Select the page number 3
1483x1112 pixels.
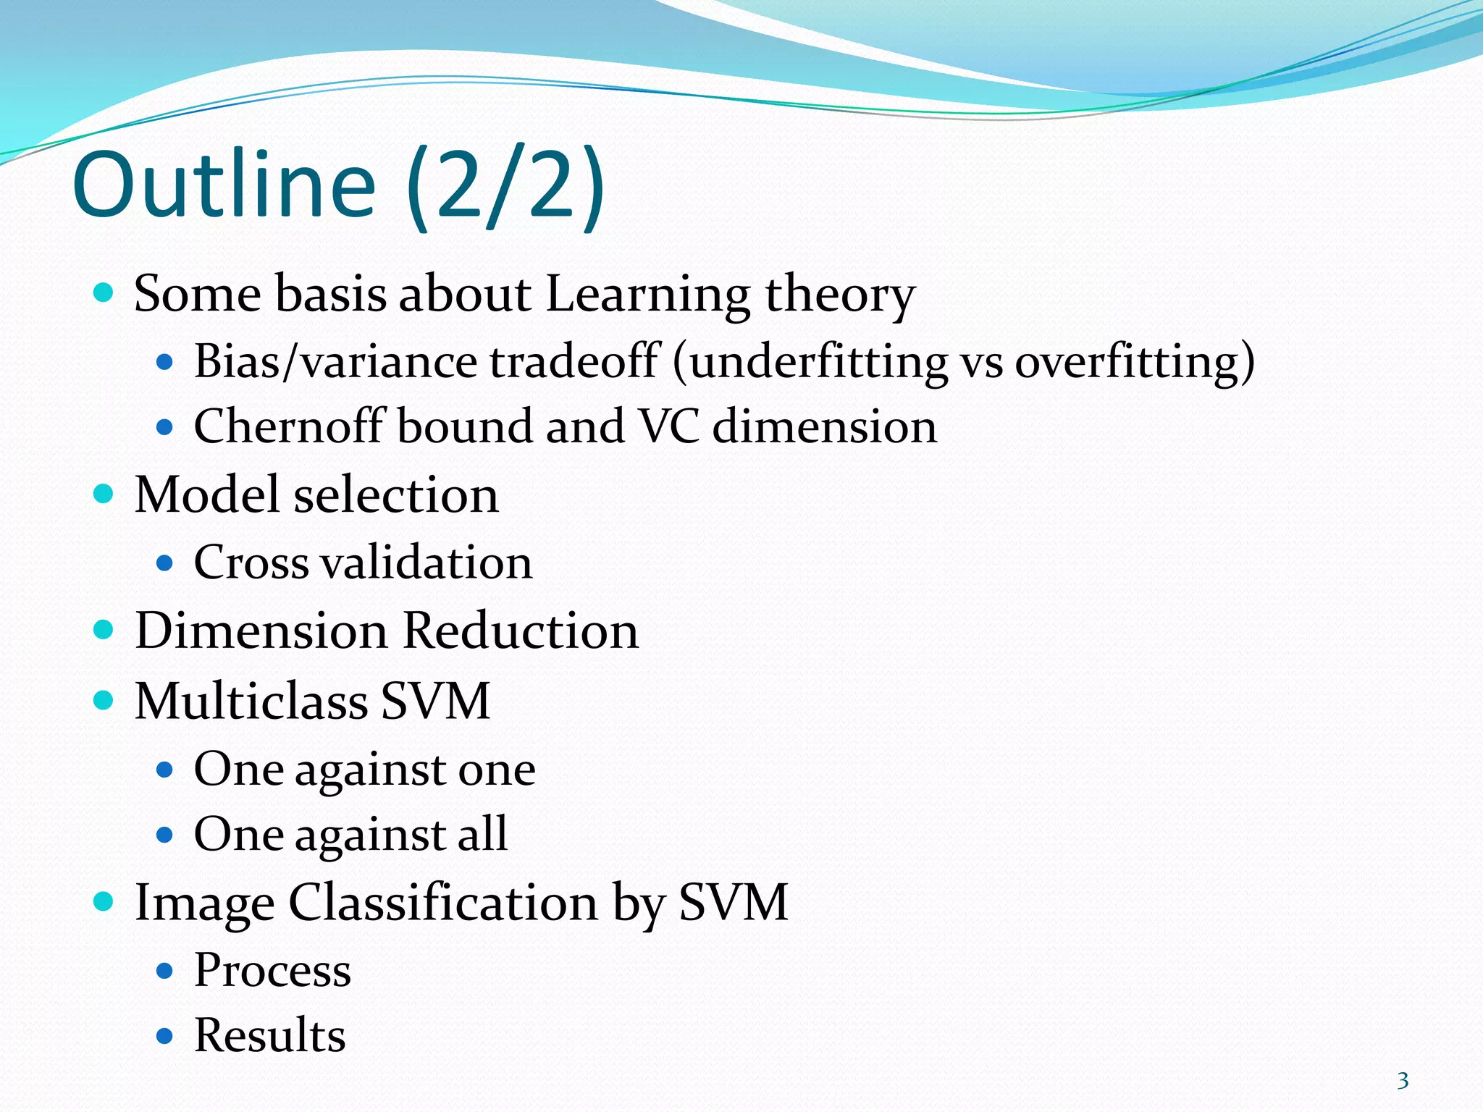coord(1403,1081)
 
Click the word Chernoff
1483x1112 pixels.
coord(288,426)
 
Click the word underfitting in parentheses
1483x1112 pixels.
coord(818,361)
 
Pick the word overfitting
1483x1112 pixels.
coord(1129,361)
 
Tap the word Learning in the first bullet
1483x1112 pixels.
coord(647,295)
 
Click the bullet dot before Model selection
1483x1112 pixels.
coord(104,494)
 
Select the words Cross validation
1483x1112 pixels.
coord(363,563)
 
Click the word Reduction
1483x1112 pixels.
coord(520,631)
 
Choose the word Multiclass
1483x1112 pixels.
coord(251,701)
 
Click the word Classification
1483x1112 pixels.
coord(443,903)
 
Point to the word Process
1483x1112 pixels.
coord(272,970)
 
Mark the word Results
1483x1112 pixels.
coord(269,1035)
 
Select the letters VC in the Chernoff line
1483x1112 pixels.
coord(670,426)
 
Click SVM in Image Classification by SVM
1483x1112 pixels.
coord(733,903)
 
